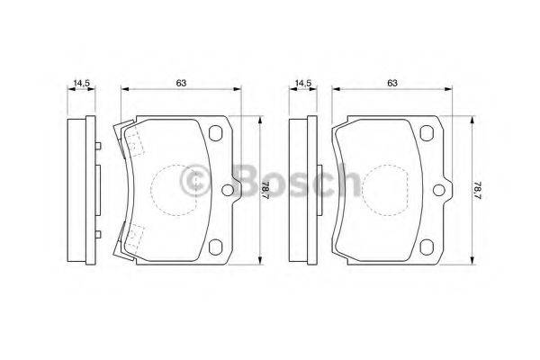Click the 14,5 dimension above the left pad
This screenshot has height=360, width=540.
pos(83,83)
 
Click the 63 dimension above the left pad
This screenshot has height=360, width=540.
pos(181,83)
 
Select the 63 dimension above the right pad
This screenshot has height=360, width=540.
pos(392,83)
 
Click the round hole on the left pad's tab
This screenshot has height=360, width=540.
pos(226,190)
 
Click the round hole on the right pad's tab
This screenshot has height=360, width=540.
pos(438,190)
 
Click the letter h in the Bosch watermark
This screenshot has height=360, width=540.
pos(345,183)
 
